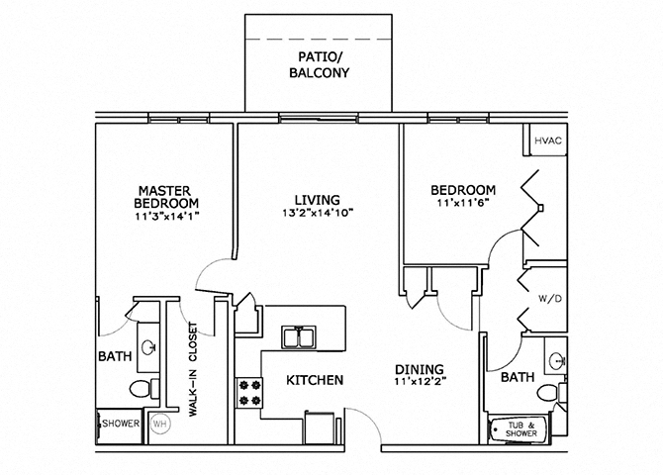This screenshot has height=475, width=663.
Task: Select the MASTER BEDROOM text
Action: coord(163,197)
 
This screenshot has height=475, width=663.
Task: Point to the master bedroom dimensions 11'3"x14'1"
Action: coord(163,219)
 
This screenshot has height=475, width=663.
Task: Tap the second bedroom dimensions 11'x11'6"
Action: coord(462,203)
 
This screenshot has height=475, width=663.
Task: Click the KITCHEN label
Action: coord(315,380)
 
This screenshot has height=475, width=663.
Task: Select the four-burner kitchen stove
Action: coord(248,392)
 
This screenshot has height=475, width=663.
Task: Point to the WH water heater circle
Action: coord(159,424)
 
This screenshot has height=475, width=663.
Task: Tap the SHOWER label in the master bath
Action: coord(121,424)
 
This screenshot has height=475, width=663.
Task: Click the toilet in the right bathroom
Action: coord(547,394)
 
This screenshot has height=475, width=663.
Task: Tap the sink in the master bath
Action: coord(148,347)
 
